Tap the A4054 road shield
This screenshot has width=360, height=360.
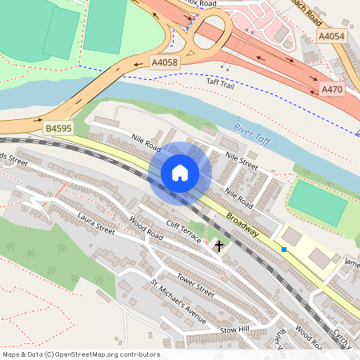coord(331,37)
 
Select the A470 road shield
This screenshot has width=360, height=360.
coord(331,90)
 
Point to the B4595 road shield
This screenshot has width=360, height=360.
coord(58,127)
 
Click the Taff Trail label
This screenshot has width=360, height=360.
coord(221,83)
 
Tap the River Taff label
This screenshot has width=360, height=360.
coord(251,134)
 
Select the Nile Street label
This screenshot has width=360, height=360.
coord(242,161)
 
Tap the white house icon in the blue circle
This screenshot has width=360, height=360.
coord(180,172)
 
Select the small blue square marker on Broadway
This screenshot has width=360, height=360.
coord(283,250)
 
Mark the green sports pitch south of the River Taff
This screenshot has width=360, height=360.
coord(318,202)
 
